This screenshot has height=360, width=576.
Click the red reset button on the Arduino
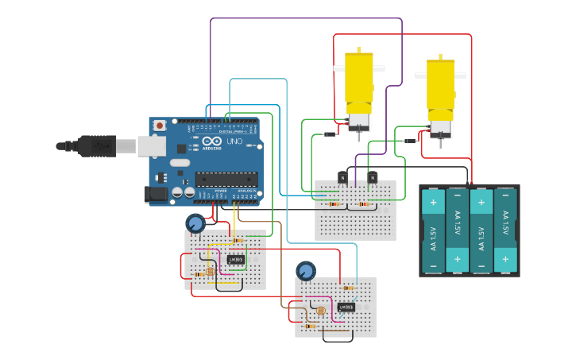coord(160,126)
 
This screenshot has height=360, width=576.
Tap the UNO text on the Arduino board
coord(234,141)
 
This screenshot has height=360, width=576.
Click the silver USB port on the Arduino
coord(151,145)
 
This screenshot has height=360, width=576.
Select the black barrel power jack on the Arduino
coord(154,193)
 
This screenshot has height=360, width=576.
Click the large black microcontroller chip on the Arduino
coord(226,179)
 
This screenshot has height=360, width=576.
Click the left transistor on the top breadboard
coord(342,177)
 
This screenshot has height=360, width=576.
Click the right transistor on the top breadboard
coord(372,177)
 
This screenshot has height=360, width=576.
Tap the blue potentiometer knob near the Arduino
coord(195,223)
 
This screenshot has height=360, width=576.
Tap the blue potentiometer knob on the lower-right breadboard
coord(305,271)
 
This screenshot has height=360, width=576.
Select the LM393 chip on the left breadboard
coord(235,259)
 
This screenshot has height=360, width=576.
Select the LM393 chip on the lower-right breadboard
coord(346,307)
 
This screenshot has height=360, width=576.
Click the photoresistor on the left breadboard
coord(211,272)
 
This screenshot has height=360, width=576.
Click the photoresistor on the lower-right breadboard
coord(321,311)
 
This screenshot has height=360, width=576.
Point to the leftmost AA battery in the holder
coord(434,230)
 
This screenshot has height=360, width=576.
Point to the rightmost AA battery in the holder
coord(505,230)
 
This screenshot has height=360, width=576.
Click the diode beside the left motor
coord(331,134)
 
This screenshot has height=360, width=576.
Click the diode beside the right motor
coord(410,141)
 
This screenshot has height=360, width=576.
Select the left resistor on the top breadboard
coord(334,204)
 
